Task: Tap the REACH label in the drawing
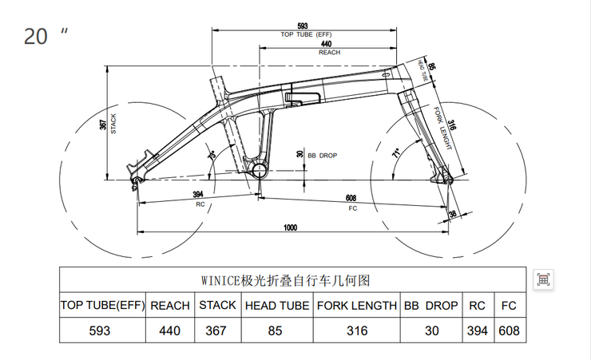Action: pyautogui.click(x=329, y=52)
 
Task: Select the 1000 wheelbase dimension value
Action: pyautogui.click(x=291, y=228)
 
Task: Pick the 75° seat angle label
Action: pyautogui.click(x=212, y=154)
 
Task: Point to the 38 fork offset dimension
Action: pyautogui.click(x=453, y=214)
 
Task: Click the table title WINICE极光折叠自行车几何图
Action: pyautogui.click(x=286, y=280)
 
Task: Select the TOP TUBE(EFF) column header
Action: pyautogui.click(x=102, y=306)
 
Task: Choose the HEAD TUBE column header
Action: pyautogui.click(x=276, y=306)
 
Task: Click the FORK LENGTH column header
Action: pyautogui.click(x=356, y=306)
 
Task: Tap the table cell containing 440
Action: pyautogui.click(x=169, y=330)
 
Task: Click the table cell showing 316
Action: pyautogui.click(x=356, y=330)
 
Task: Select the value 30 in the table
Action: pyautogui.click(x=430, y=330)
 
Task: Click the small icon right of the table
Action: pyautogui.click(x=543, y=279)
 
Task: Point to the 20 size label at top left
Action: pyautogui.click(x=36, y=37)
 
